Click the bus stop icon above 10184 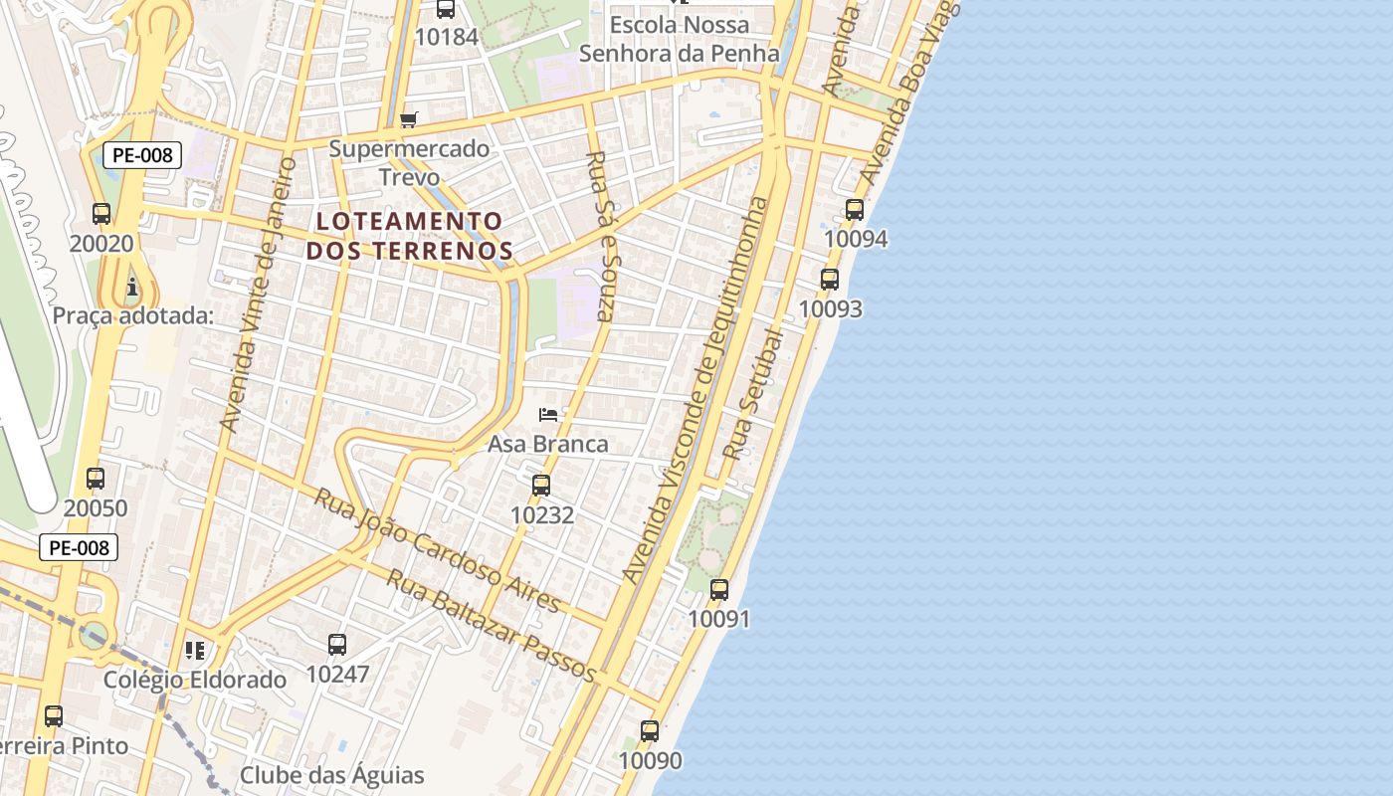pos(446,9)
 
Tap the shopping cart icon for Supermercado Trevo pos(408,120)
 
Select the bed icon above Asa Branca pos(547,414)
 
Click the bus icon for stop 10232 pos(541,486)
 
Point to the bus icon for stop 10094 pos(855,210)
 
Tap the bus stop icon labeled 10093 pos(830,280)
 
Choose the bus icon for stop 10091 pos(719,590)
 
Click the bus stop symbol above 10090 pos(650,731)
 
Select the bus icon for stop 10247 pos(337,645)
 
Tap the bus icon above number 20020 pos(101,213)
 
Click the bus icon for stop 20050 pos(96,479)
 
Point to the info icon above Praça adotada pos(132,289)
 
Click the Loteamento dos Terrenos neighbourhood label pos(409,236)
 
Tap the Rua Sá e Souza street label pos(602,236)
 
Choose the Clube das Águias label pos(332,775)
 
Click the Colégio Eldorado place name pos(195,681)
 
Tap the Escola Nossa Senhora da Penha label pos(680,38)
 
